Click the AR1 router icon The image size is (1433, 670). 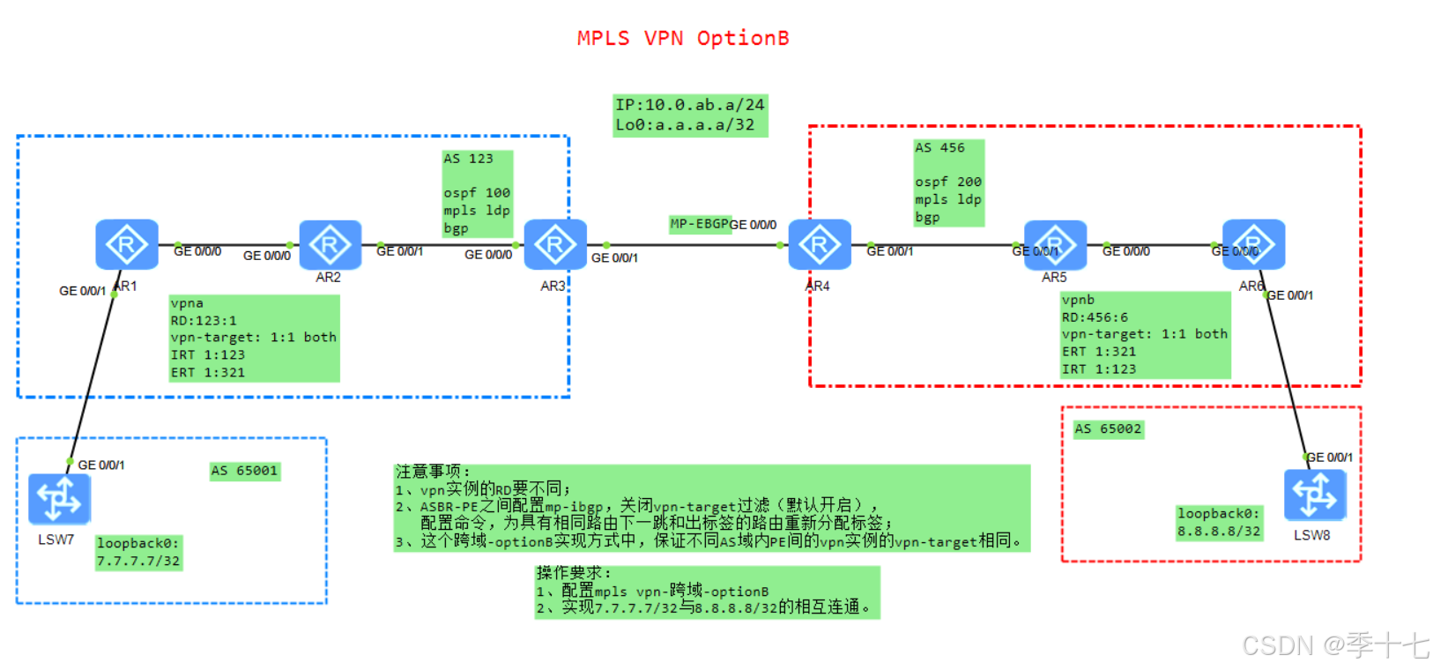pos(126,244)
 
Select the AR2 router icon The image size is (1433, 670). pos(330,245)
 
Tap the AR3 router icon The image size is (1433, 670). pos(554,244)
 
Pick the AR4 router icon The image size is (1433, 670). pos(819,244)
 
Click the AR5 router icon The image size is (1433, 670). pos(1054,245)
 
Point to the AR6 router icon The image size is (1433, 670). pos(1253,244)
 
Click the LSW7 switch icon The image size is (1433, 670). pos(59,499)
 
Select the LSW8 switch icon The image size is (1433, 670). pos(1314,495)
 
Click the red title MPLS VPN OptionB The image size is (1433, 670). pos(682,39)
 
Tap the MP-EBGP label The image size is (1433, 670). pos(699,224)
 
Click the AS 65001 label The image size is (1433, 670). pos(244,471)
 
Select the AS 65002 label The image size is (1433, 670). pos(1108,429)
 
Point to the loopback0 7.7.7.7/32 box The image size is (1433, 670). pos(138,552)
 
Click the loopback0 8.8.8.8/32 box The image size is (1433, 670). pos(1219,522)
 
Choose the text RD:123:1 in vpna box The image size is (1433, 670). pos(204,321)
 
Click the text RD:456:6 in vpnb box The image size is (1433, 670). pos(1094,317)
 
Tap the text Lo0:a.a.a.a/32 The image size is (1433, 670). pos(685,125)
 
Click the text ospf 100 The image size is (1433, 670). pos(476,193)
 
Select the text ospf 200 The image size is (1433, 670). pos(947,182)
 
